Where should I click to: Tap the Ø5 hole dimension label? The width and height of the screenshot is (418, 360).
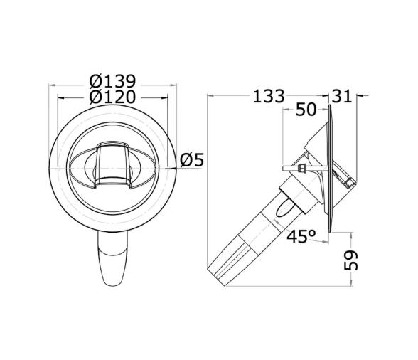191,160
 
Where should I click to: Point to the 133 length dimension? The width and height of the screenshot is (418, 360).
269,95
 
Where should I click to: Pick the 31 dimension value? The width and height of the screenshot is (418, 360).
343,95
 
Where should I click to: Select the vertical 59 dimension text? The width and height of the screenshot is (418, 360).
350,259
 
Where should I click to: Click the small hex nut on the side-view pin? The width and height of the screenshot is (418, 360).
303,169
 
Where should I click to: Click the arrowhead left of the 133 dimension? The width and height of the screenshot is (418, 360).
209,95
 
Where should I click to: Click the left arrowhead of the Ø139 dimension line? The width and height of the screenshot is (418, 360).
52,87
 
